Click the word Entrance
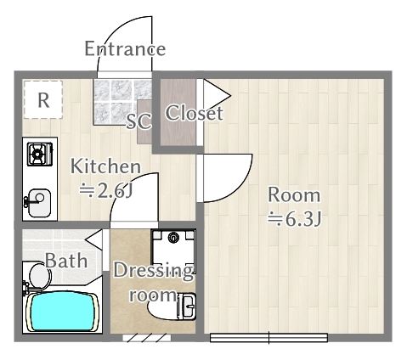tap(125, 48)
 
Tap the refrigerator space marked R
tap(43, 99)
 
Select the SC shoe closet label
tap(138, 121)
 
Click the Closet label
tap(194, 113)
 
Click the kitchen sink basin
tap(40, 203)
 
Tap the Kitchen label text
tap(105, 166)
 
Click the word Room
tap(294, 195)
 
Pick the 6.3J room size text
tap(295, 219)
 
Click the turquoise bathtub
tap(62, 312)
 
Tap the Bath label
tap(66, 261)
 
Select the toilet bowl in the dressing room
tap(172, 307)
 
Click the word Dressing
tap(153, 272)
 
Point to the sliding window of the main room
tap(269, 338)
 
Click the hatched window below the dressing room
tap(146, 338)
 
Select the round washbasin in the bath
tap(39, 275)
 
